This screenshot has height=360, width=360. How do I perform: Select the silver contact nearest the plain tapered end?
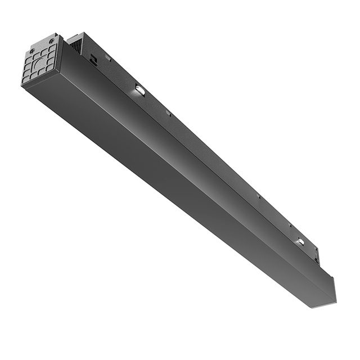click(300, 241)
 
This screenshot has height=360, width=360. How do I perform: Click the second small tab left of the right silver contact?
click(258, 196)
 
